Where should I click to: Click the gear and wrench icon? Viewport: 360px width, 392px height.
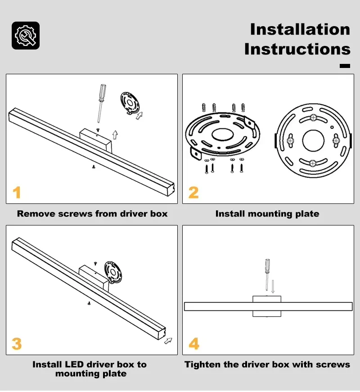pos(26,36)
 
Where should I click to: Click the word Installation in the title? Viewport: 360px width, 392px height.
pos(300,29)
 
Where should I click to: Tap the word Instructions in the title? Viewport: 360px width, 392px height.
pos(297,49)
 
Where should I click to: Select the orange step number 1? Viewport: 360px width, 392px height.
pos(17,193)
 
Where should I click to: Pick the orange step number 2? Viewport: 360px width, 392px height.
pos(193,193)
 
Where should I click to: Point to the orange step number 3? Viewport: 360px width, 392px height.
pos(17,344)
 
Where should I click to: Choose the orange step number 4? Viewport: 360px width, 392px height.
pos(194,344)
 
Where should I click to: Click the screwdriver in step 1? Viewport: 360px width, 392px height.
pos(101,103)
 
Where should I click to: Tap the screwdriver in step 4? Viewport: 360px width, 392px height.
pos(267,275)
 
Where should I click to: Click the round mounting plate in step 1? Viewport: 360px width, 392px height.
pos(130,103)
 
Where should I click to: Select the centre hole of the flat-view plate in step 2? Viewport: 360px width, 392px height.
pos(313,140)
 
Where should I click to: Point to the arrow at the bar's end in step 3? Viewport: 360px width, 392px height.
pos(168,341)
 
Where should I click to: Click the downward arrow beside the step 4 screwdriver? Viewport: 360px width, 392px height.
pos(273,286)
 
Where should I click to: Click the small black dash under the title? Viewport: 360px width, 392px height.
pos(345,66)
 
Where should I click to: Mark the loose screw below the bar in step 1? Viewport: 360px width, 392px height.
pos(94,167)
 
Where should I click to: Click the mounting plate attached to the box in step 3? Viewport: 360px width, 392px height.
pos(113,272)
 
